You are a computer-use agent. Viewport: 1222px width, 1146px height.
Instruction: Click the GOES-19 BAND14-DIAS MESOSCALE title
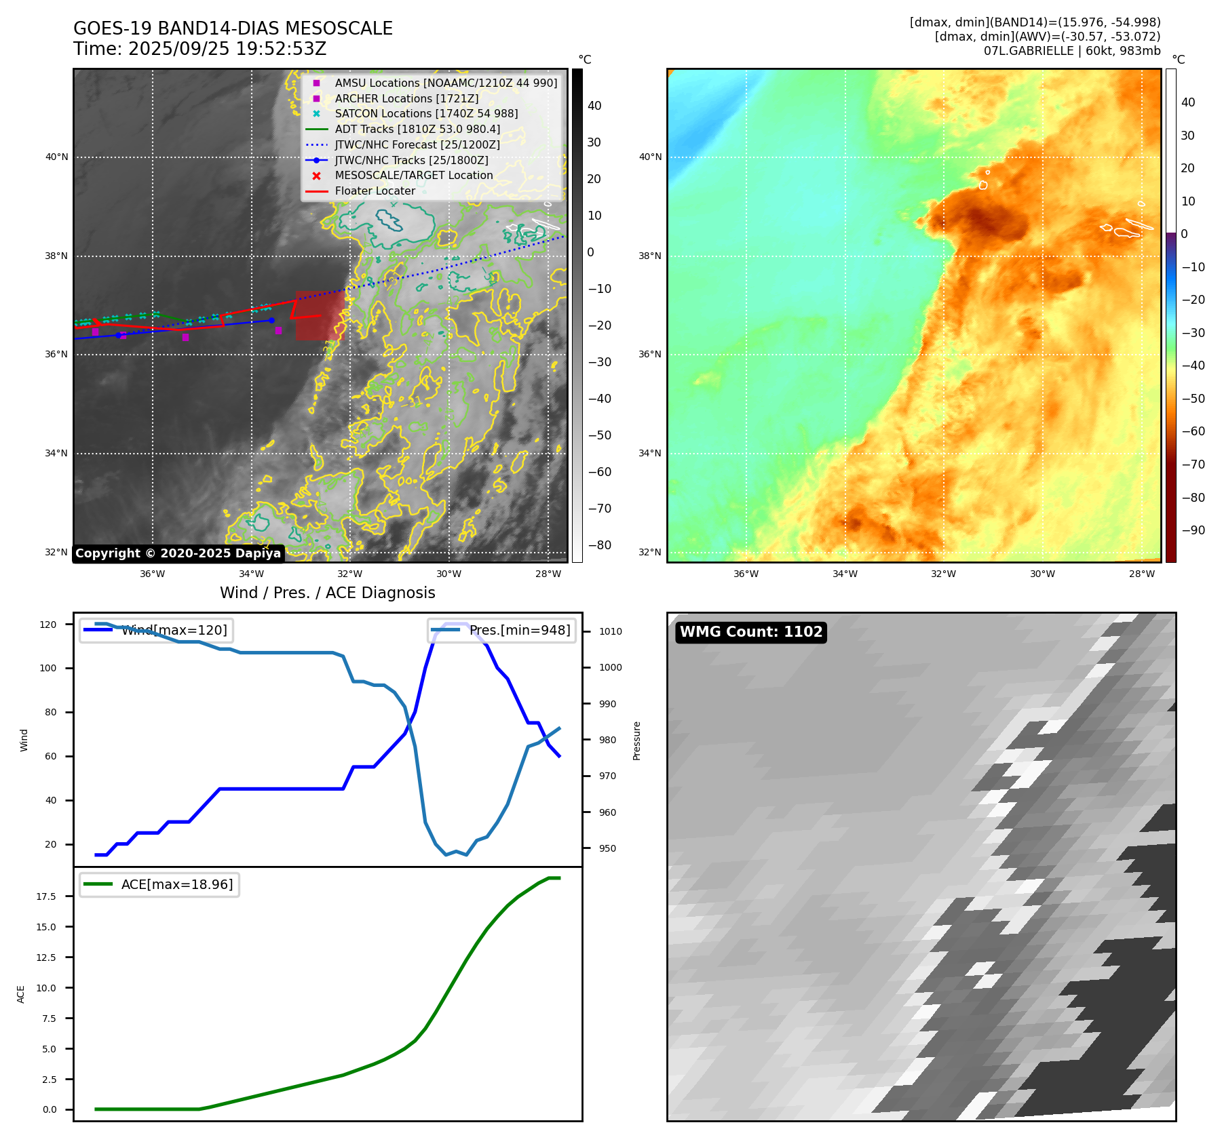233,28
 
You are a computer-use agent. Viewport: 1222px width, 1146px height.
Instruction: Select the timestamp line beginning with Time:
200,49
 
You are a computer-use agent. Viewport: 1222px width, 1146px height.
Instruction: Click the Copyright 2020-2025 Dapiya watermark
178,553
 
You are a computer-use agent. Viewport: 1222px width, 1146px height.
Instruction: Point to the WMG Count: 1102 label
750,632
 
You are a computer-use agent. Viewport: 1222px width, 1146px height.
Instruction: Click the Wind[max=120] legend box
156,630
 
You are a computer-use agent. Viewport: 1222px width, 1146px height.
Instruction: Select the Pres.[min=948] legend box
501,630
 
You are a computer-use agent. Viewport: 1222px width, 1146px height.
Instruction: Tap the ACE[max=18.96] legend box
159,884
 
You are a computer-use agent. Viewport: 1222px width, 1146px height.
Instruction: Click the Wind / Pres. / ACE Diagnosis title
327,593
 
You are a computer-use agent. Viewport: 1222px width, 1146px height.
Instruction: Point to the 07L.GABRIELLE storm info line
1071,51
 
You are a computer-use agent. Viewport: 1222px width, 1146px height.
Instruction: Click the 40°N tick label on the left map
57,157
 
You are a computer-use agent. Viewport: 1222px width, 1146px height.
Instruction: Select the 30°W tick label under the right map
1042,574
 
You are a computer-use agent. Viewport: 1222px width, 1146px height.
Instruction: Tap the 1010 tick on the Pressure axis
610,631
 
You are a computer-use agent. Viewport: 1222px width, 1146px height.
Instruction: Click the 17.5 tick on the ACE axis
46,896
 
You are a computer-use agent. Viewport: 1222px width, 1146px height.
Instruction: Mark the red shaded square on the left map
319,315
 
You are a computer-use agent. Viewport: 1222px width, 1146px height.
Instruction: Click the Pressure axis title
636,740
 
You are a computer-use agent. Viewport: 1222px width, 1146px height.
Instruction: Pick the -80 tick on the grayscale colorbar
598,545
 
